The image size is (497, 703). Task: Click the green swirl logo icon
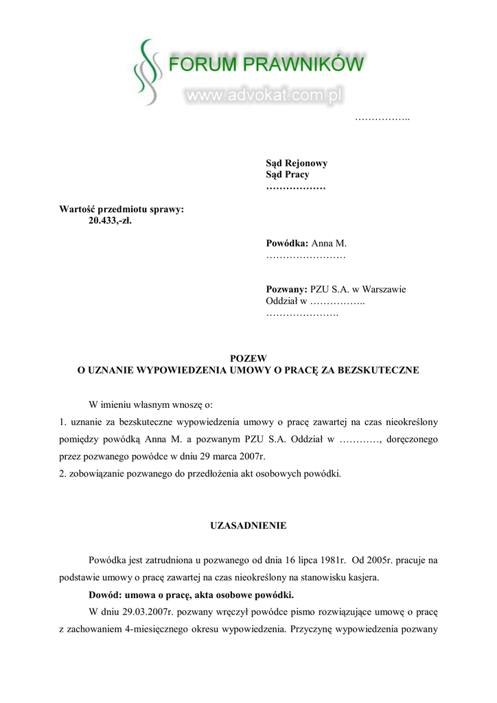click(145, 71)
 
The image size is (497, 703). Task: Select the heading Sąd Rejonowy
click(297, 163)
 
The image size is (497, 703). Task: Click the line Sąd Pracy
click(288, 174)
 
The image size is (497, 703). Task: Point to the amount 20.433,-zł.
click(110, 220)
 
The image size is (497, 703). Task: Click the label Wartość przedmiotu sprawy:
click(122, 209)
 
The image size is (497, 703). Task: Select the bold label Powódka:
click(288, 244)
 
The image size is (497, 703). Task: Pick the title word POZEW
click(248, 358)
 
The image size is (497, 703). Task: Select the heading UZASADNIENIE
click(248, 526)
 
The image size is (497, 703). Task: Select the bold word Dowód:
click(107, 594)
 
